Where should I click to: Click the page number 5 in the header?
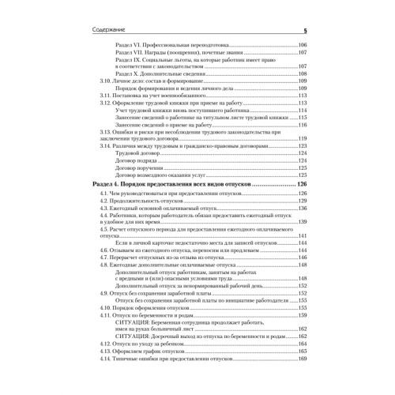(304, 31)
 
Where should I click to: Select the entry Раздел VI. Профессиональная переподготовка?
(171, 46)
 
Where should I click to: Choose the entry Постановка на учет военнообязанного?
(154, 96)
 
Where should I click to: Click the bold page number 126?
(300, 184)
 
